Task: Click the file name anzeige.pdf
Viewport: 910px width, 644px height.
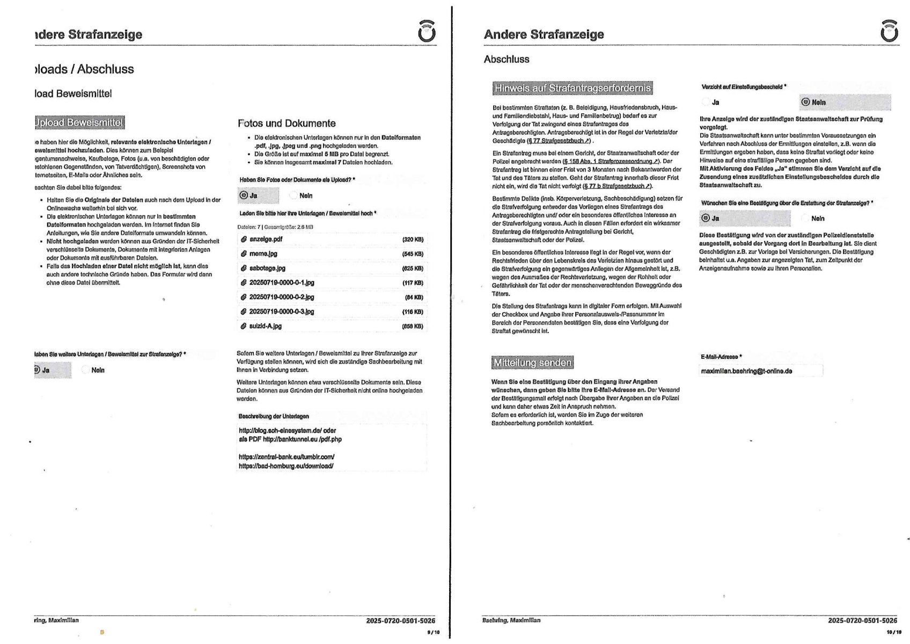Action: [x=266, y=239]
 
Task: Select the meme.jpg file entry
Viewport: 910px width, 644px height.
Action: [x=263, y=254]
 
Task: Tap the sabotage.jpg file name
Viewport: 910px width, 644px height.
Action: [x=267, y=268]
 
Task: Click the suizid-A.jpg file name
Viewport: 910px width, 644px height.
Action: [x=265, y=326]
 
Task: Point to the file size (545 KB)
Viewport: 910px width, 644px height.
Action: [x=412, y=254]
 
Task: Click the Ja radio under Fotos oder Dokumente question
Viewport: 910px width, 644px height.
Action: [x=244, y=196]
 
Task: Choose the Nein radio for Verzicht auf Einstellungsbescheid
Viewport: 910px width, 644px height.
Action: [x=805, y=102]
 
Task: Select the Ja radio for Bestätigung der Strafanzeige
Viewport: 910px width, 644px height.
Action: [x=706, y=218]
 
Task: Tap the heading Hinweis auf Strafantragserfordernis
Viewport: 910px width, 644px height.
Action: [x=573, y=88]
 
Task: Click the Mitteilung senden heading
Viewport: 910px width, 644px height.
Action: [x=532, y=363]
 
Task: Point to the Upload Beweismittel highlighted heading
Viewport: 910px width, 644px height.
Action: [x=79, y=122]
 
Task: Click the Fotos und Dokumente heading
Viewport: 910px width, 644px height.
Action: [x=287, y=124]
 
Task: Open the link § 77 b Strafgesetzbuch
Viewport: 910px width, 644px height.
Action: [x=617, y=186]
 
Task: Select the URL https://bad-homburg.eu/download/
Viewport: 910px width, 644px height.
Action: [x=286, y=466]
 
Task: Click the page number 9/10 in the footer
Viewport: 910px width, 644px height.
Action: [x=433, y=632]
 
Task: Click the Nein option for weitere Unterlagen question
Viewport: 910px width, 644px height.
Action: [x=85, y=370]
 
